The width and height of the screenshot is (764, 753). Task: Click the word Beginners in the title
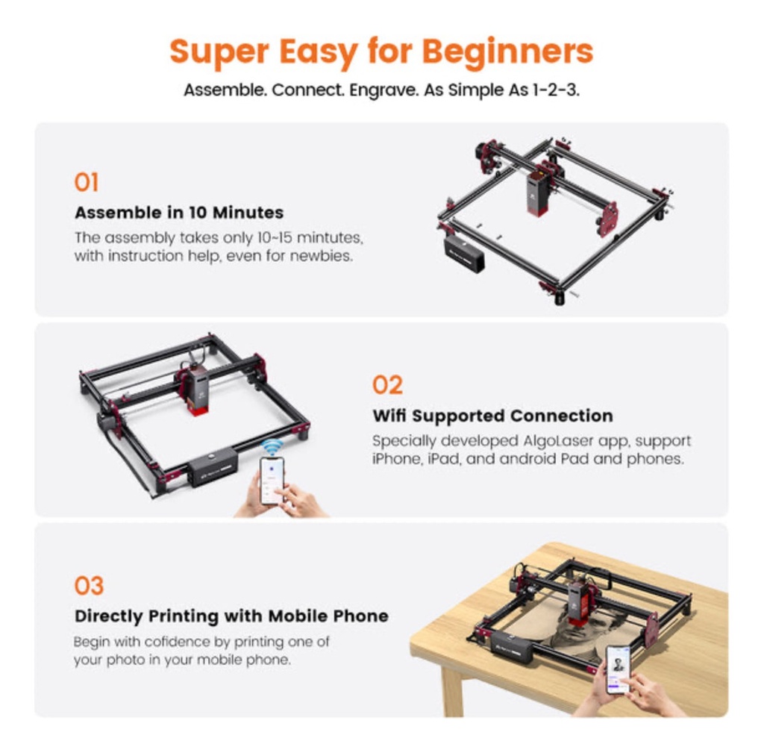point(507,51)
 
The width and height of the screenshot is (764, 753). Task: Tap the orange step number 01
point(87,183)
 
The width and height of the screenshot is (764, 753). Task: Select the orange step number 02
point(387,385)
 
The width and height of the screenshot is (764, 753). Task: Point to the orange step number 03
point(89,586)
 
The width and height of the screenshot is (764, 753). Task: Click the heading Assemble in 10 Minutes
point(179,213)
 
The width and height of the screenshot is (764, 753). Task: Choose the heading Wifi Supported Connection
point(492,416)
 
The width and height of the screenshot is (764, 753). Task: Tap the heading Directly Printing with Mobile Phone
point(231,616)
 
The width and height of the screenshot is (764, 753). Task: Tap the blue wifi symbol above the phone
point(271,448)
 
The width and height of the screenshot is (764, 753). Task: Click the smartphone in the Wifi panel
point(272,481)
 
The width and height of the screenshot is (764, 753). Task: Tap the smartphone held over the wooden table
point(618,669)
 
